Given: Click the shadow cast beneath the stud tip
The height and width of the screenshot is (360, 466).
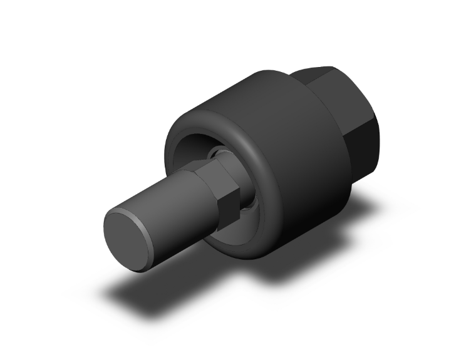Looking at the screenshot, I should tap(144, 285).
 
